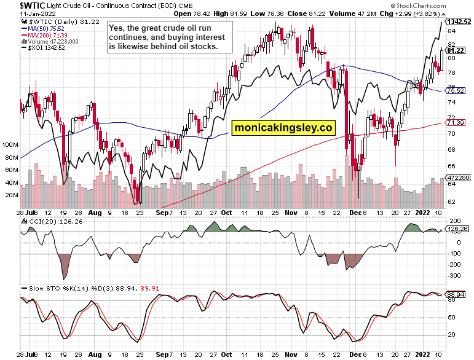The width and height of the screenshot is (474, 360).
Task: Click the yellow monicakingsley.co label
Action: (283, 127)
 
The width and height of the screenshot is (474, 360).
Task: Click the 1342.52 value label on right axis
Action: (459, 22)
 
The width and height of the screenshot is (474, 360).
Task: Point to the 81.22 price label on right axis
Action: (456, 50)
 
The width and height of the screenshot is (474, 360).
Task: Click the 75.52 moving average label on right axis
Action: (455, 90)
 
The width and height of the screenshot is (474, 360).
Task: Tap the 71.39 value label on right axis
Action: (455, 123)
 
